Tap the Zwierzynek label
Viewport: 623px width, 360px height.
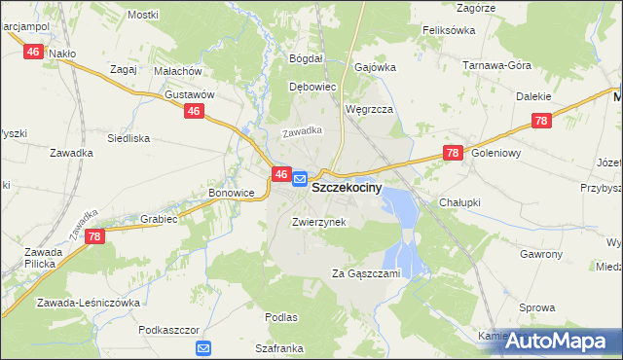click(318, 222)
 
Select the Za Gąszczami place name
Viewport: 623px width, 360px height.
click(365, 273)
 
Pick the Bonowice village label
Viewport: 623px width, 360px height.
click(231, 194)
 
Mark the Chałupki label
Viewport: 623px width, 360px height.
click(460, 201)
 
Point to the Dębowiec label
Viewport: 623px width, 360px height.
click(312, 87)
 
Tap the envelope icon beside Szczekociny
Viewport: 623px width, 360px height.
click(300, 179)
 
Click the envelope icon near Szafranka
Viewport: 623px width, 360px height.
click(203, 347)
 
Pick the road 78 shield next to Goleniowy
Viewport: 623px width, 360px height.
click(452, 153)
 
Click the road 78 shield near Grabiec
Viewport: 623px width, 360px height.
click(94, 236)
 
